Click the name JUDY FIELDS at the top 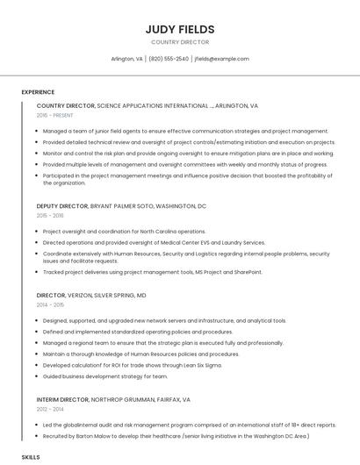pos(180,29)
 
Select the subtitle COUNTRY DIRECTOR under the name pos(180,41)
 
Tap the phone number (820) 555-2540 pos(169,59)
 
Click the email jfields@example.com pos(221,59)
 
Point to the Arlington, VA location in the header pos(126,59)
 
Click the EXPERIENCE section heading pos(38,92)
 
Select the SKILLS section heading pos(31,457)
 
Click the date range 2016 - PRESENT pos(55,115)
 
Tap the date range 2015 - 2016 pos(50,215)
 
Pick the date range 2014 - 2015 pos(50,304)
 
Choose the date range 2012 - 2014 pos(50,409)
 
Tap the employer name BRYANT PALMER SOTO pos(122,206)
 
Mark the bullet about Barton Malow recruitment pos(176,435)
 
